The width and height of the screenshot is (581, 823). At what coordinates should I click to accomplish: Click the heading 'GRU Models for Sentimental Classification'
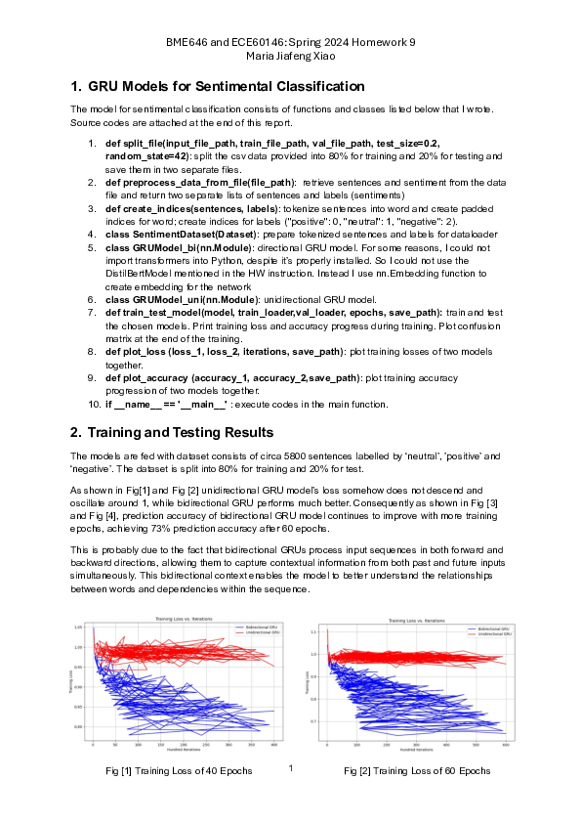point(228,87)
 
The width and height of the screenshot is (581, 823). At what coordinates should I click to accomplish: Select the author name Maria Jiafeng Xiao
point(290,56)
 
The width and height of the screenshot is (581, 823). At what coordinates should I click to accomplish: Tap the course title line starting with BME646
point(290,43)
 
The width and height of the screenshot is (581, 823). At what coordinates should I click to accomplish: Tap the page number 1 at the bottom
point(291,768)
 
